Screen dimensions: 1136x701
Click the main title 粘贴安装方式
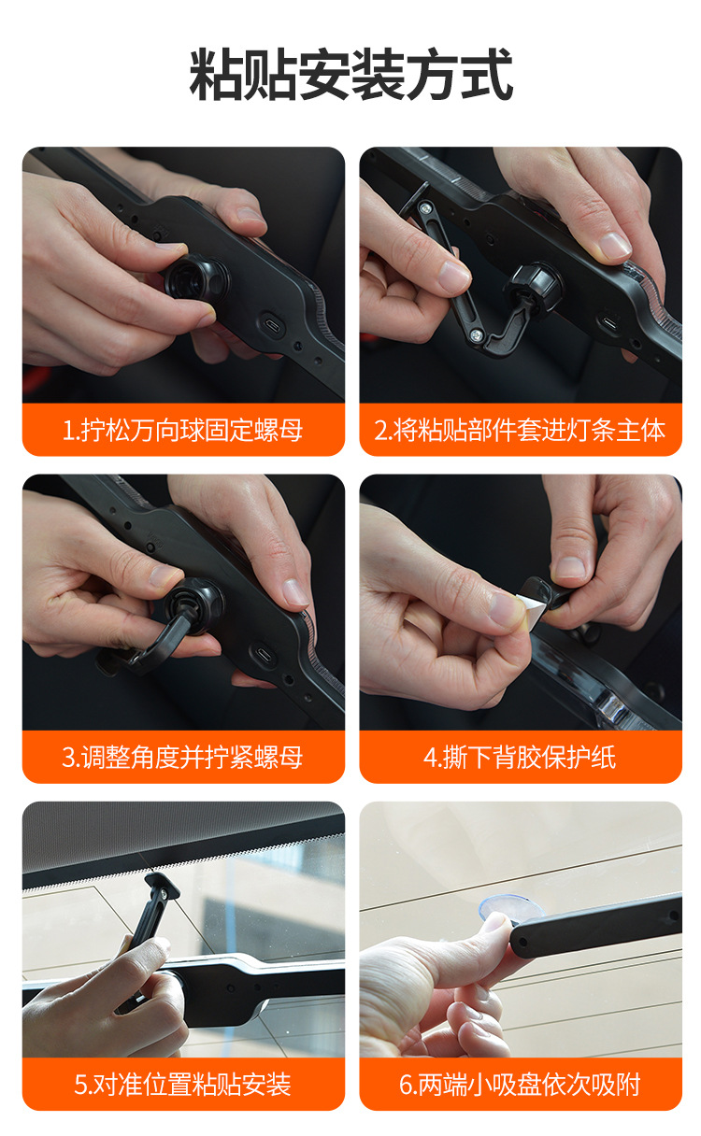(x=350, y=76)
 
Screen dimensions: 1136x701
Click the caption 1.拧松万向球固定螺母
(x=183, y=430)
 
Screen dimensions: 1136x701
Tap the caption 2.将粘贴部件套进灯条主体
(x=520, y=430)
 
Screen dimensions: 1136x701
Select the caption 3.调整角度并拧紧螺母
(x=183, y=757)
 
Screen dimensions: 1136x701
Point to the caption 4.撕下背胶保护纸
(x=520, y=757)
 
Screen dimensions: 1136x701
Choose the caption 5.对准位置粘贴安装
(x=183, y=1085)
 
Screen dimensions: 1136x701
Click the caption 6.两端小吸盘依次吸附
(x=520, y=1085)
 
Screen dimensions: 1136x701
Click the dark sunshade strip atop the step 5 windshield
(x=183, y=836)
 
